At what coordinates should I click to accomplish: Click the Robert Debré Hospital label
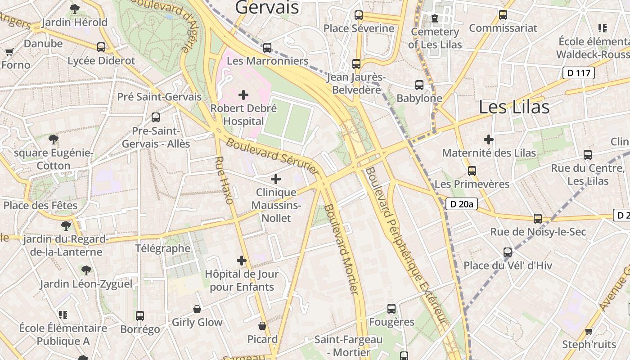click(x=243, y=115)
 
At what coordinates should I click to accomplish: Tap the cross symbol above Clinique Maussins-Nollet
click(x=276, y=179)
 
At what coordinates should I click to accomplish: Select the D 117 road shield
click(x=579, y=73)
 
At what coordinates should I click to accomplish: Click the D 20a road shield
click(x=462, y=204)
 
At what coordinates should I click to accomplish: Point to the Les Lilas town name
click(x=514, y=107)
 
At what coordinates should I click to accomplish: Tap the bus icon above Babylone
click(x=419, y=85)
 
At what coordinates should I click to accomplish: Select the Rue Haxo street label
click(x=224, y=180)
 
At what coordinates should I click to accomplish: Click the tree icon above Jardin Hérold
click(x=75, y=9)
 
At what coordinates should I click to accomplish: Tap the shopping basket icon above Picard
click(x=262, y=326)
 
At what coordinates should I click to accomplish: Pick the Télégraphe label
click(x=163, y=248)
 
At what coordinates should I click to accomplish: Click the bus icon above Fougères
click(x=391, y=309)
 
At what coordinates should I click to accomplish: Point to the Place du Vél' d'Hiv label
click(x=508, y=265)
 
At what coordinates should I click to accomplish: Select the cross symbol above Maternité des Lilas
click(x=489, y=139)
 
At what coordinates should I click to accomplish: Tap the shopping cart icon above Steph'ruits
click(x=589, y=332)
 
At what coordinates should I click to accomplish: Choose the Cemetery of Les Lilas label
click(x=435, y=38)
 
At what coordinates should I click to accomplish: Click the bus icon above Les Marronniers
click(x=267, y=47)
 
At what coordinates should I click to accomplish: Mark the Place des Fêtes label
click(x=40, y=205)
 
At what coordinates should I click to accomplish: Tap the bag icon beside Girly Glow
click(x=197, y=309)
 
